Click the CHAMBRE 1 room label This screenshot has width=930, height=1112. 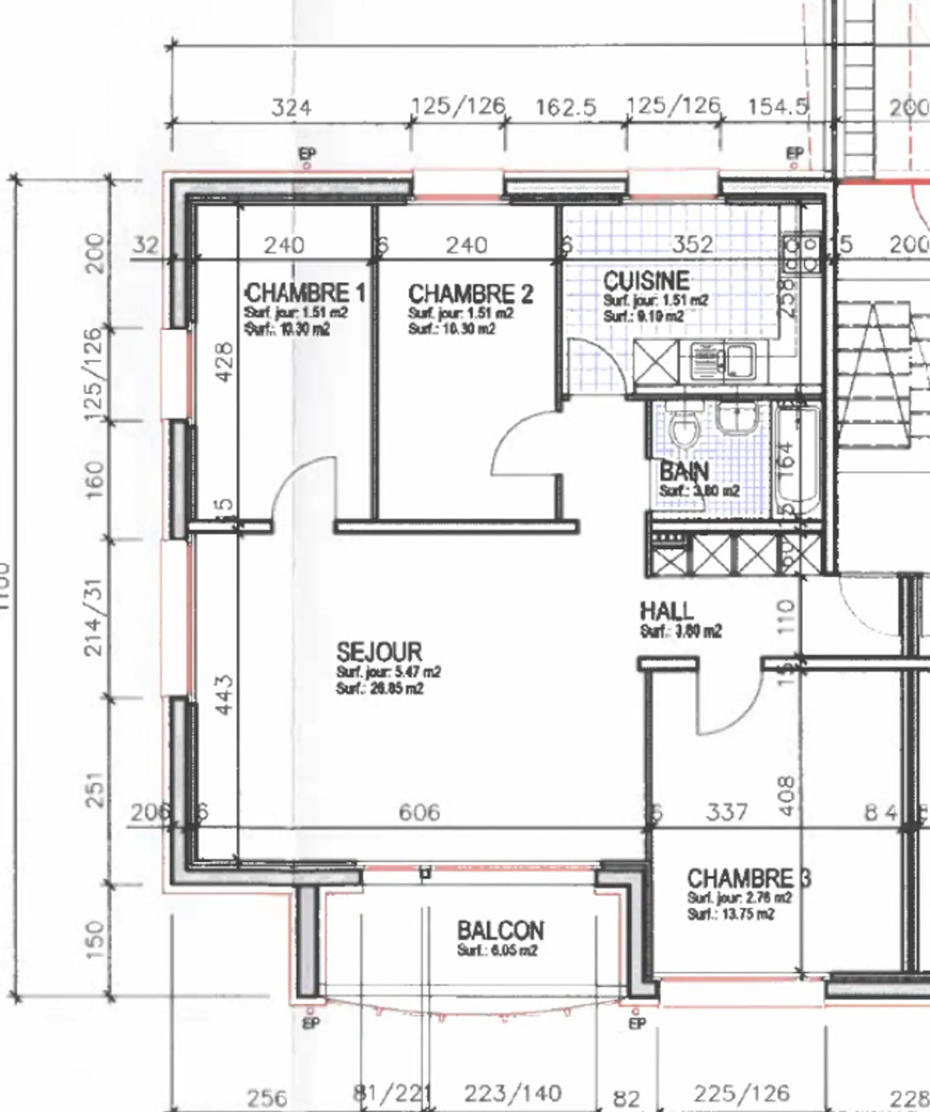(x=305, y=294)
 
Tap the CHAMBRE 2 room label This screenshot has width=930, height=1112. (x=470, y=294)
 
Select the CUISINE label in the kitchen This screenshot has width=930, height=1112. (x=646, y=281)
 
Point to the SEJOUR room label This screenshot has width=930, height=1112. (x=379, y=651)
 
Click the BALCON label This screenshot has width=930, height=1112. (x=501, y=931)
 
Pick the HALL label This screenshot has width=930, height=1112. (x=666, y=611)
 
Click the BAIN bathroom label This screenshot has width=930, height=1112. (x=684, y=471)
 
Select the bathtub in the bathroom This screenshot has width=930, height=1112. (x=798, y=458)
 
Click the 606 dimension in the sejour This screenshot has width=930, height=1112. (x=419, y=812)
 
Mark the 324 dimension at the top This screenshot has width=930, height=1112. (x=291, y=107)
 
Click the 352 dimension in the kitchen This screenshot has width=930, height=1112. (x=692, y=244)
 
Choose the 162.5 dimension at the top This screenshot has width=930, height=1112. (x=566, y=107)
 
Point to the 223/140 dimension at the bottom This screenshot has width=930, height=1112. (x=513, y=1093)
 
